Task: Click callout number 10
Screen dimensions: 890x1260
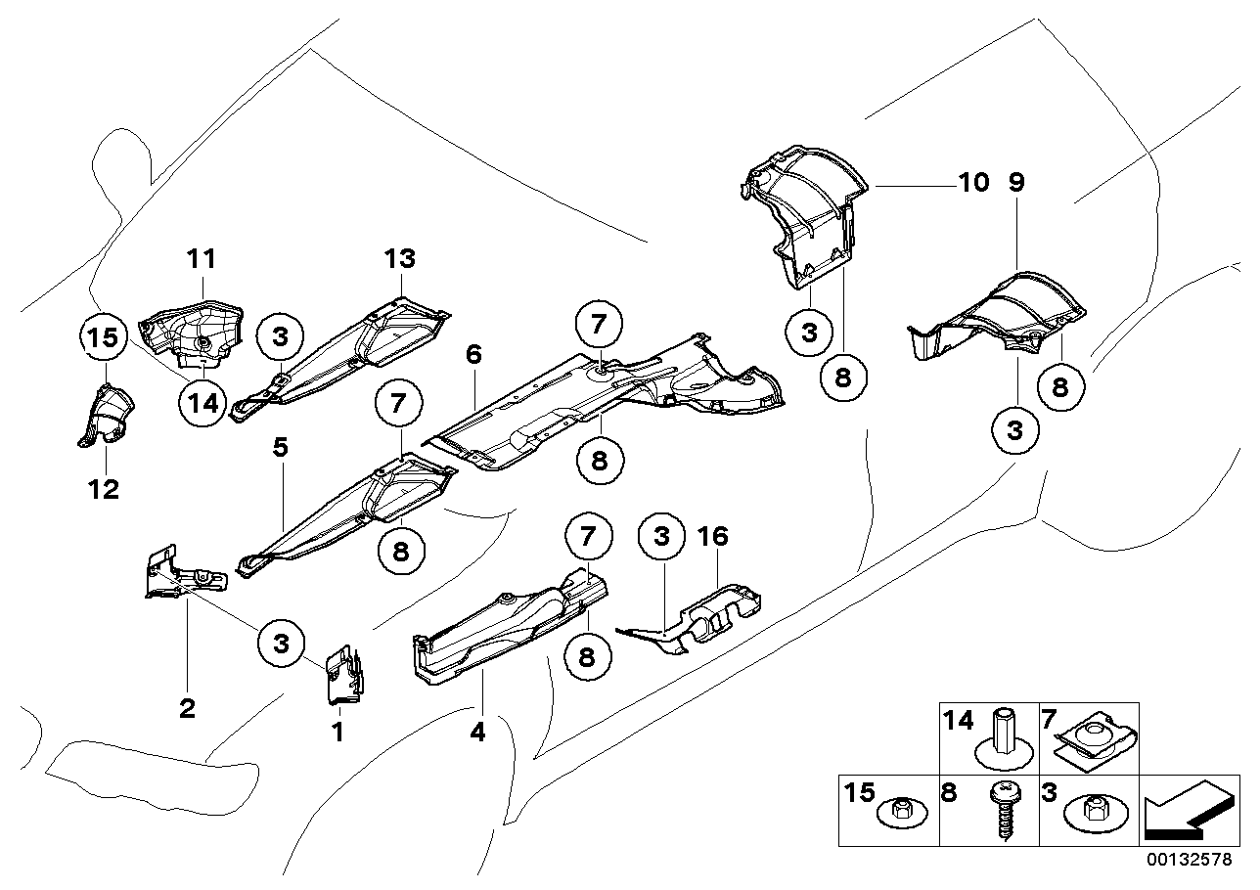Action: (x=973, y=183)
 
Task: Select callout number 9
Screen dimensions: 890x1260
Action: (x=1017, y=183)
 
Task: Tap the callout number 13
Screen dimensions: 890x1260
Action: (x=400, y=259)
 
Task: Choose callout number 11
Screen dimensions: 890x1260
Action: (x=202, y=259)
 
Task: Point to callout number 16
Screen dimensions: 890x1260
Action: (x=714, y=536)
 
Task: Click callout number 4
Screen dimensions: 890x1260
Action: (x=478, y=731)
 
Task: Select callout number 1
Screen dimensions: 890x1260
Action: (x=337, y=732)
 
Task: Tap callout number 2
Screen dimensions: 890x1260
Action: (x=187, y=707)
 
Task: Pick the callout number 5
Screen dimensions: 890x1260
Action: (x=280, y=449)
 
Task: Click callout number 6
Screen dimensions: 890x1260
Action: (x=473, y=355)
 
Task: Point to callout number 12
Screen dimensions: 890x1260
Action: (x=104, y=489)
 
